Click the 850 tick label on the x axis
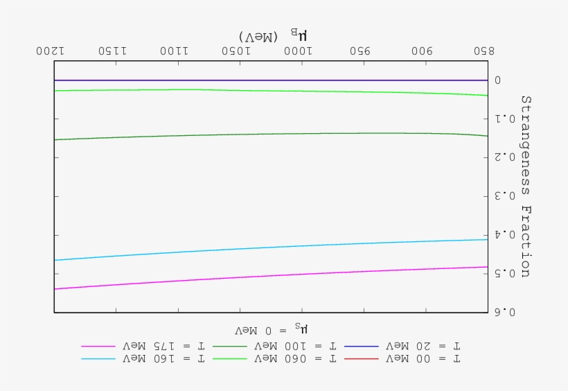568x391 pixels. (x=486, y=51)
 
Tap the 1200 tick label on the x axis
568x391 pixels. (x=54, y=51)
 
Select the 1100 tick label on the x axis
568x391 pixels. (x=177, y=51)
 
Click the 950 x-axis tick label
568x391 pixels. (x=362, y=51)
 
